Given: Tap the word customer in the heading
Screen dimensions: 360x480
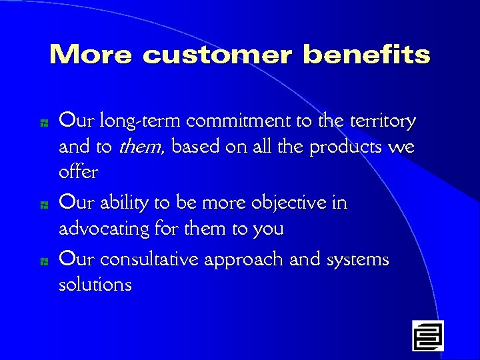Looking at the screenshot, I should pyautogui.click(x=217, y=55).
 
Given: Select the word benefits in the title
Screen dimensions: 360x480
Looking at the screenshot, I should pyautogui.click(x=367, y=55).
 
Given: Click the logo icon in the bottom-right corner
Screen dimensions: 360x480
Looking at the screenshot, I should pyautogui.click(x=427, y=335).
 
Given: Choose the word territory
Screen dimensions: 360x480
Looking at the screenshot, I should pyautogui.click(x=382, y=122).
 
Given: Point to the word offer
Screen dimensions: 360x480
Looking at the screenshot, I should pyautogui.click(x=78, y=173).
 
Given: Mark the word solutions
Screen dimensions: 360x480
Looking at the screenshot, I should pyautogui.click(x=95, y=285).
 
